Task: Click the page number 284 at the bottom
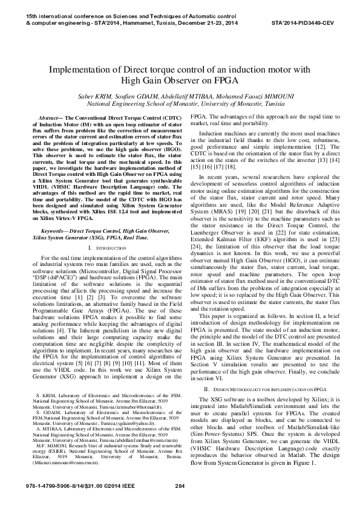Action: tap(179, 487)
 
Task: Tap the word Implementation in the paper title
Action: tap(81, 70)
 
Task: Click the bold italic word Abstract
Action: tap(50, 115)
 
